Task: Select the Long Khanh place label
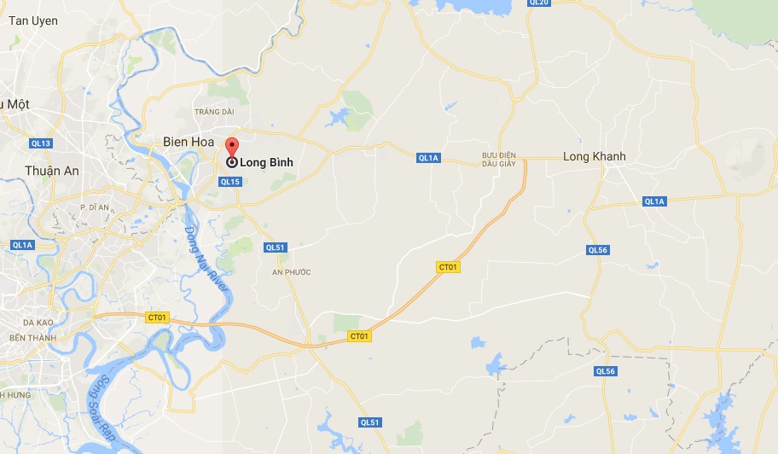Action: pos(594,156)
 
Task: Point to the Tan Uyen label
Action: pos(33,20)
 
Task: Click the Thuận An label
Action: pos(51,171)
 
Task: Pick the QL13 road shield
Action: pos(40,143)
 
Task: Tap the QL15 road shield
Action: pos(230,182)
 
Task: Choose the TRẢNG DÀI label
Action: pos(213,111)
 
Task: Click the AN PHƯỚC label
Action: pos(291,272)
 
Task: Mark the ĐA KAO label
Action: pos(39,323)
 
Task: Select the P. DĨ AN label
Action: pos(95,207)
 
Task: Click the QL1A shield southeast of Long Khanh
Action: pos(653,201)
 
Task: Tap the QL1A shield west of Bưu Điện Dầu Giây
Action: pos(428,158)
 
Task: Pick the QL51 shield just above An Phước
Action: pos(275,247)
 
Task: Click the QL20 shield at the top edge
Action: pos(539,3)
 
